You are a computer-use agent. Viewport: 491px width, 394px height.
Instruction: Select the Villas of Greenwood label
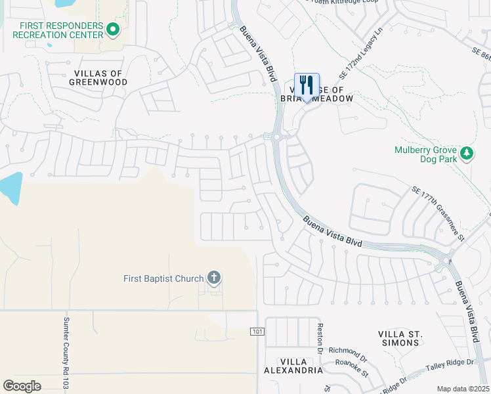(x=98, y=77)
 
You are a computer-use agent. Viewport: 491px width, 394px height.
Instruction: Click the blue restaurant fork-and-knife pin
(x=307, y=86)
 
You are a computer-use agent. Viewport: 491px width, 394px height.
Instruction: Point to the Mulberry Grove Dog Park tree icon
(x=467, y=153)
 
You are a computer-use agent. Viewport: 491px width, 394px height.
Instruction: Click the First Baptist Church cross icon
(x=213, y=278)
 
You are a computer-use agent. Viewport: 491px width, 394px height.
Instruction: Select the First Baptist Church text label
(x=163, y=278)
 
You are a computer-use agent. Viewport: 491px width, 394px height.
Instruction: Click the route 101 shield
(x=257, y=332)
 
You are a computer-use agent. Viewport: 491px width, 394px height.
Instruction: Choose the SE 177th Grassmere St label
(x=438, y=213)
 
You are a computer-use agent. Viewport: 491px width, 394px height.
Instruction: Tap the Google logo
(x=22, y=386)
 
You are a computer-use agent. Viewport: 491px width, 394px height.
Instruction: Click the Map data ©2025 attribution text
(x=462, y=389)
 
